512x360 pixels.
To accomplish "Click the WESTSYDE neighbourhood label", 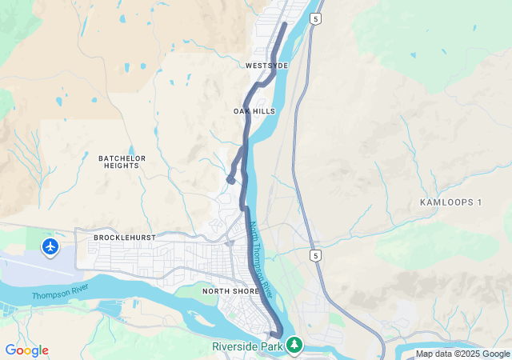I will (266, 65).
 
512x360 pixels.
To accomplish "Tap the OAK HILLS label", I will (254, 111).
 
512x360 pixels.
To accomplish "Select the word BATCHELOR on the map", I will (122, 158).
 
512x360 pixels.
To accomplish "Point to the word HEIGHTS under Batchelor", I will (122, 166).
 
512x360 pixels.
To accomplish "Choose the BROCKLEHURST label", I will (123, 238).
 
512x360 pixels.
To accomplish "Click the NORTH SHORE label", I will (231, 291).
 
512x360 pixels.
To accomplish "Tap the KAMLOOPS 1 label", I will (450, 202).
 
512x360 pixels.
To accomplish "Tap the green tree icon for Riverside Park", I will (295, 345).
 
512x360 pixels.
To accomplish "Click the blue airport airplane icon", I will (50, 246).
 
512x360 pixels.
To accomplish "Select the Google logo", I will (26, 350).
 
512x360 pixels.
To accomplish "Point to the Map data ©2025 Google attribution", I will (462, 354).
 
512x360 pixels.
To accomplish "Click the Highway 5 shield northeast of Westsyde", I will (318, 18).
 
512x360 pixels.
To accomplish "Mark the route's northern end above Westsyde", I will (285, 25).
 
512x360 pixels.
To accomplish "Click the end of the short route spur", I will (230, 181).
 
